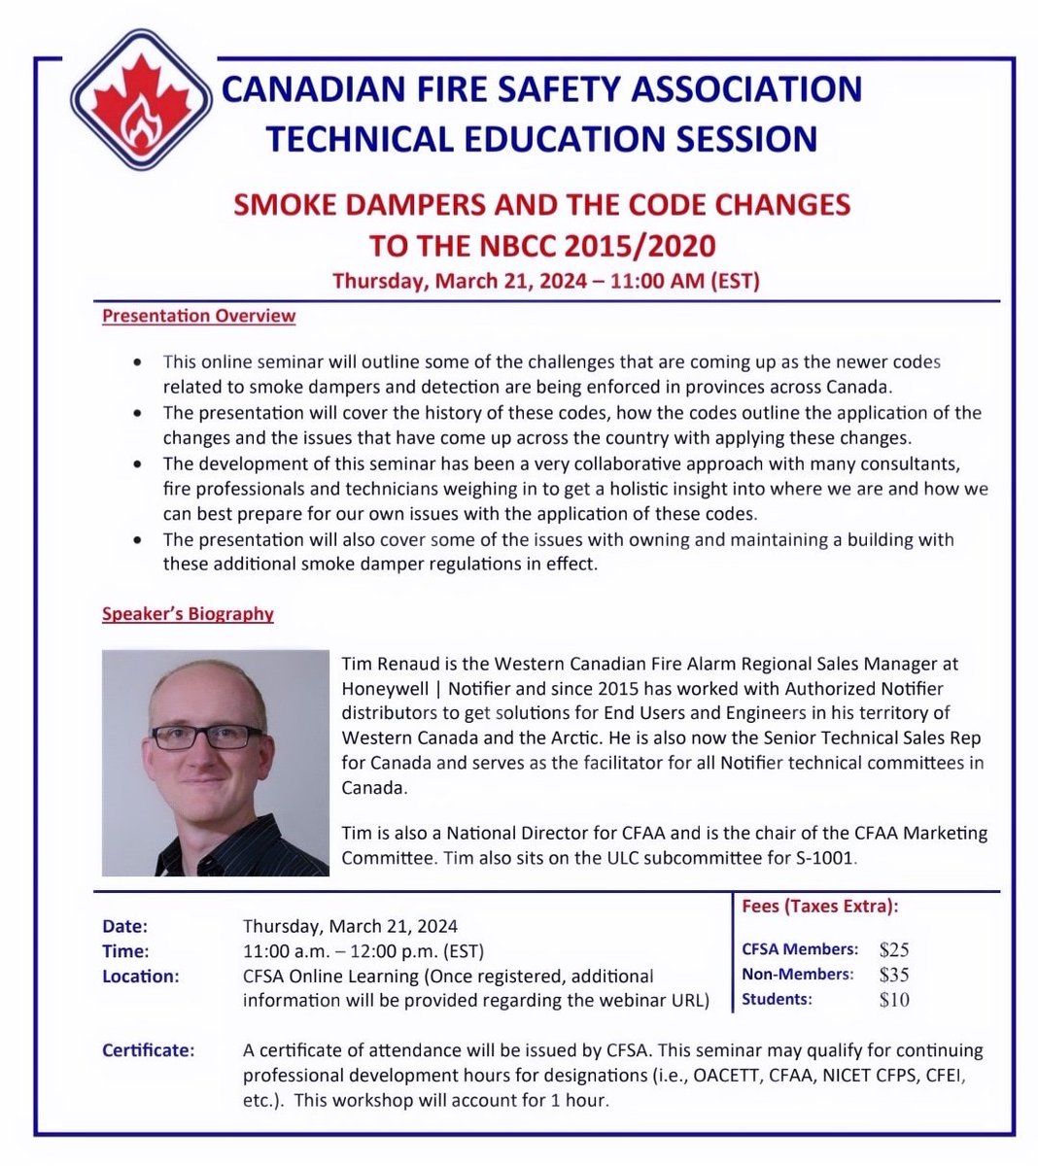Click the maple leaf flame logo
tap(141, 110)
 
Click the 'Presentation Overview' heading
tap(198, 316)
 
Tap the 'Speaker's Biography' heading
tap(188, 614)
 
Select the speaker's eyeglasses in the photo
tap(206, 736)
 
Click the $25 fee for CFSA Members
tap(893, 950)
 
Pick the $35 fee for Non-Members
tap(893, 975)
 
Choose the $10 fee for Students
tap(893, 1000)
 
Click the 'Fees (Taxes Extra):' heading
tap(819, 907)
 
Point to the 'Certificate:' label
tap(148, 1050)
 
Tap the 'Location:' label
tap(140, 976)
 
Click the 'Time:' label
tap(125, 951)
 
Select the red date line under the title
tap(545, 282)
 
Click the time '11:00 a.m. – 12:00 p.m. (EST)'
tap(363, 951)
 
